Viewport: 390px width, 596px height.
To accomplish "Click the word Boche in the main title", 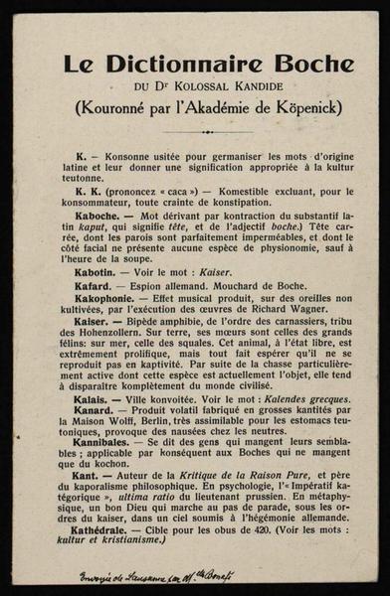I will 290,65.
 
